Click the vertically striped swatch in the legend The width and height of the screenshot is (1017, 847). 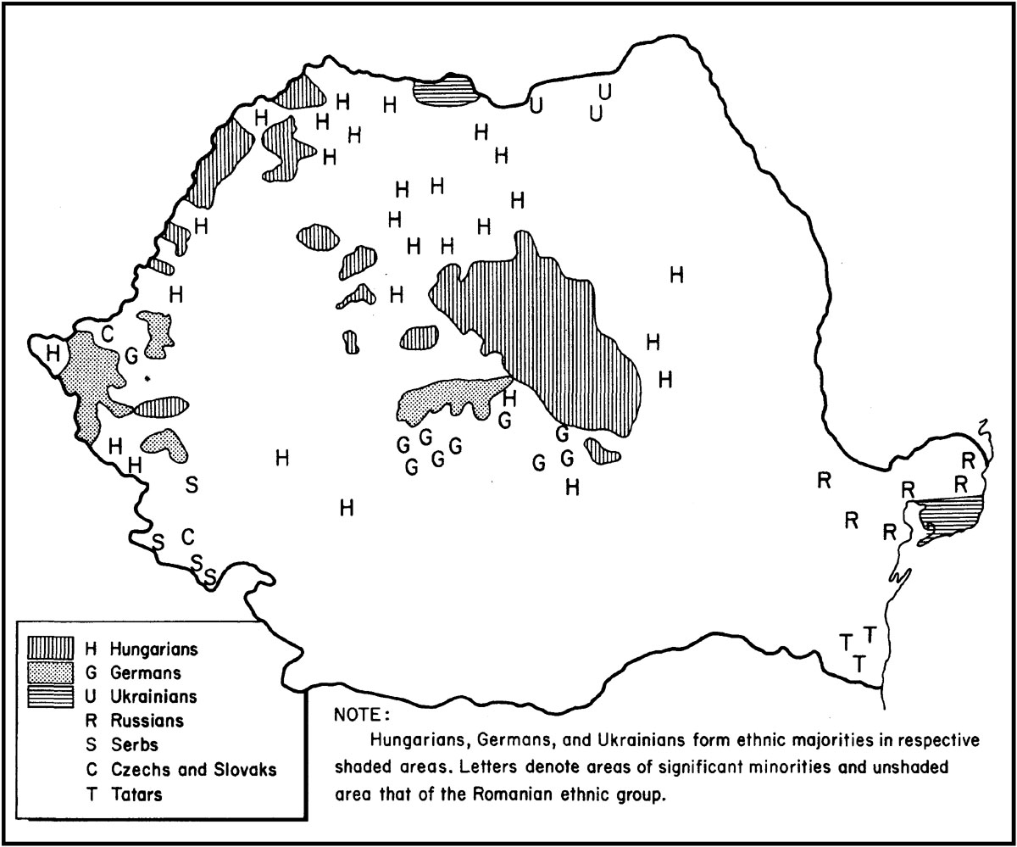coord(53,649)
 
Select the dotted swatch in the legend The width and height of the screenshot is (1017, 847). coord(53,673)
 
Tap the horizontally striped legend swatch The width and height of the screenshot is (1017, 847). coord(53,697)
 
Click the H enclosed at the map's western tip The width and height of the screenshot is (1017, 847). coord(53,353)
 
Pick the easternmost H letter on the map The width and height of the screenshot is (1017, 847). coord(676,275)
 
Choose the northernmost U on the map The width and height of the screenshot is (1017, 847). coord(604,91)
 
